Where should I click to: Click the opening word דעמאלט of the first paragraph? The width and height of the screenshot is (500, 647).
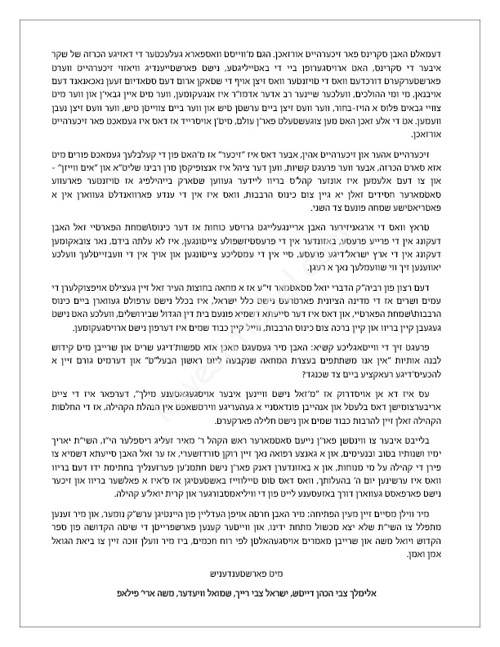coord(433,38)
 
